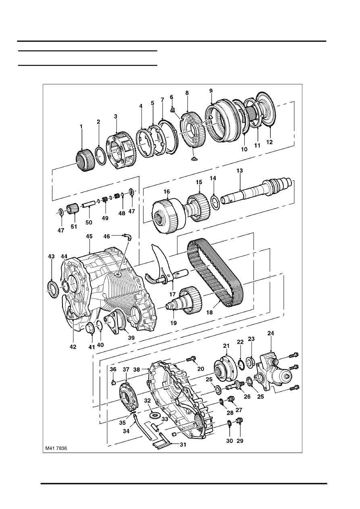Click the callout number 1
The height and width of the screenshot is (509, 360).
click(x=81, y=126)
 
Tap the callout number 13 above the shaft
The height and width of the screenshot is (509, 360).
click(x=239, y=170)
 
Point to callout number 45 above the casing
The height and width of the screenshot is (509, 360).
click(x=89, y=236)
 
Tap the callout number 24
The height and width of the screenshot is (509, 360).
click(x=271, y=333)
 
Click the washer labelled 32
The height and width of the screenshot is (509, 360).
click(x=155, y=416)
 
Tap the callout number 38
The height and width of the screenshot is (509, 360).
click(x=137, y=370)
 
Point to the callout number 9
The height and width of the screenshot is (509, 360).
click(x=211, y=91)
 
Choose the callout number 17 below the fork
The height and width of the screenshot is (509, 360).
click(x=173, y=294)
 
